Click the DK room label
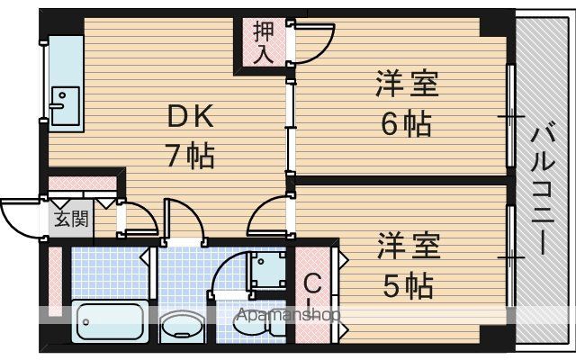(190, 116)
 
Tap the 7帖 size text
(190, 156)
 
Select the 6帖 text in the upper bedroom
(406, 123)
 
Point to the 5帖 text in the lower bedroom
(408, 285)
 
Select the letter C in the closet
(312, 284)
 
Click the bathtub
(110, 322)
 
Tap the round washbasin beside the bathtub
(180, 326)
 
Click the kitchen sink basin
(66, 106)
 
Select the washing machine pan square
(268, 270)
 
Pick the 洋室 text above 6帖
(407, 83)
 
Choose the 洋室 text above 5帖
(409, 245)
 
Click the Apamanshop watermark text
(289, 315)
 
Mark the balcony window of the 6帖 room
(510, 116)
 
